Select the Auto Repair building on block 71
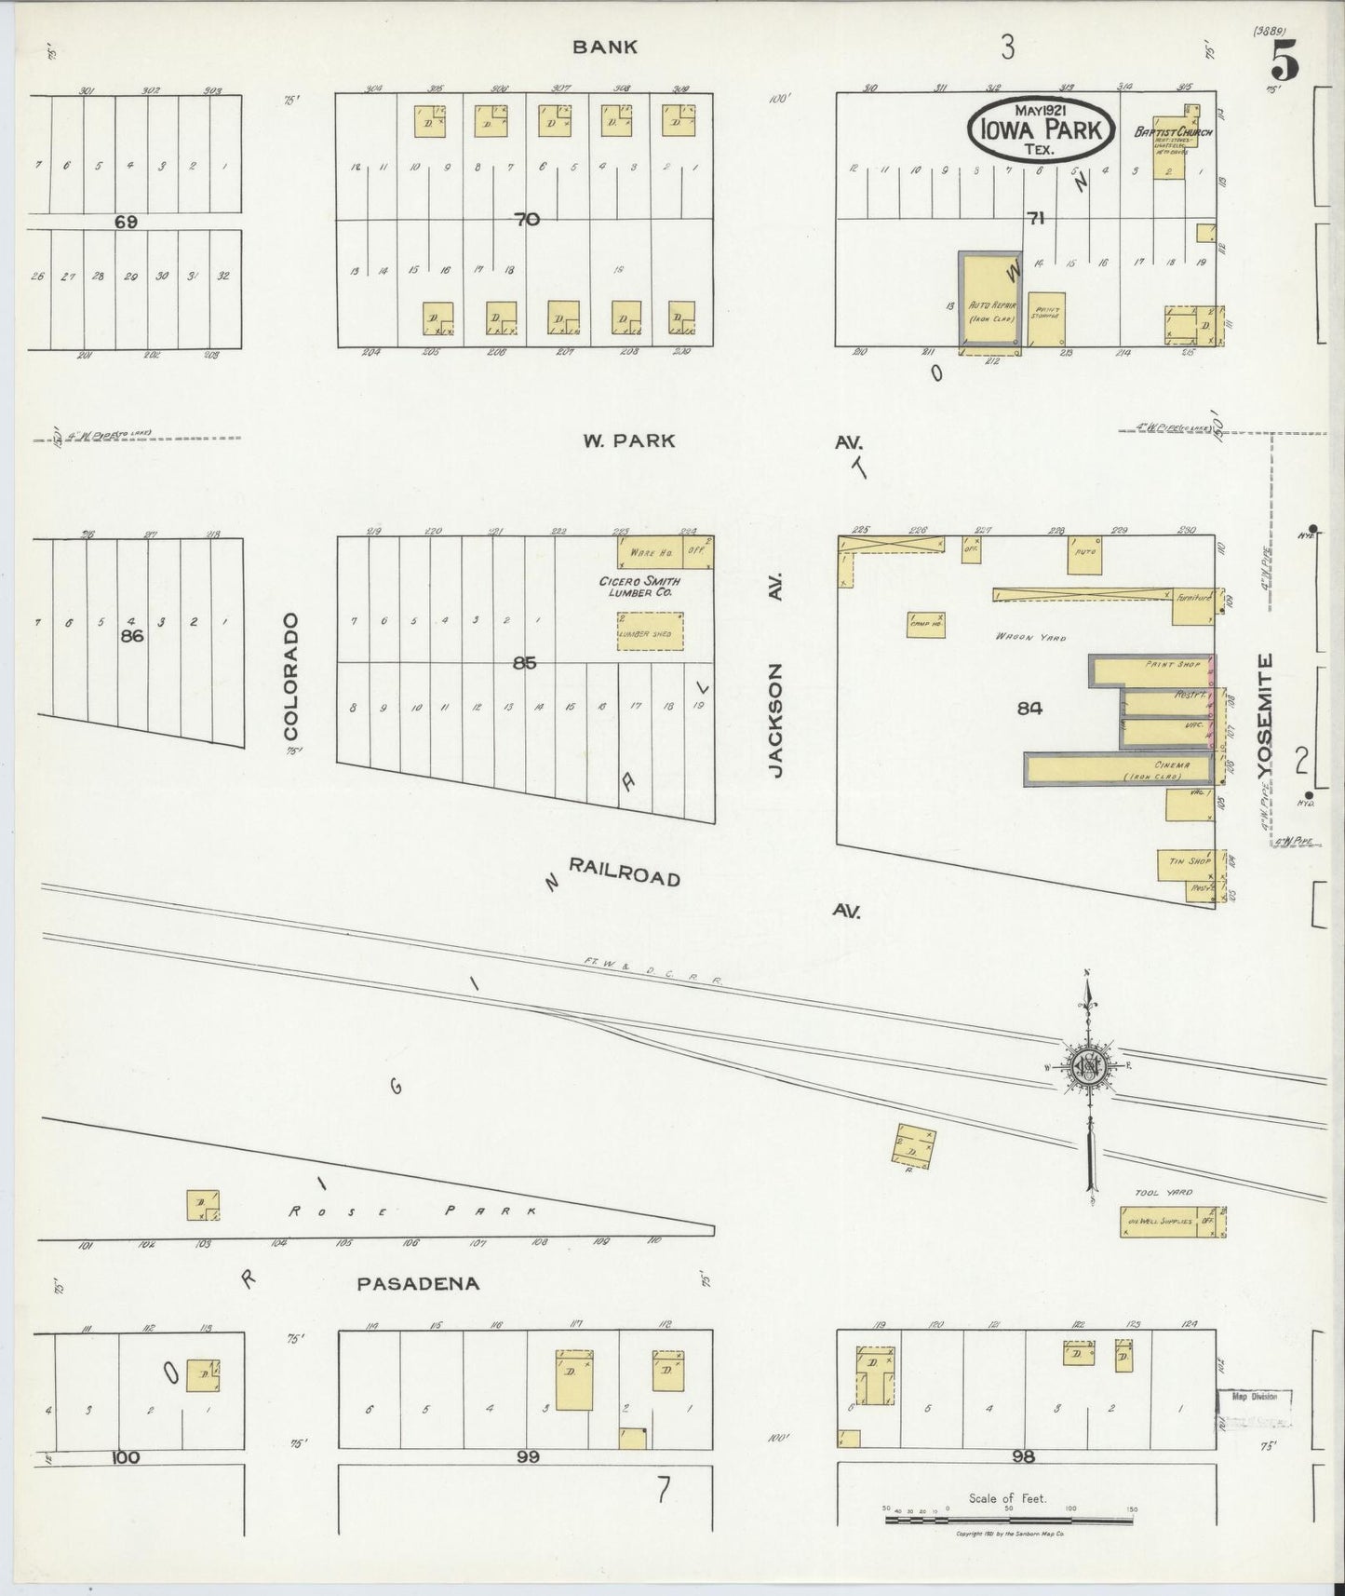990,303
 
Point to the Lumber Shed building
650,631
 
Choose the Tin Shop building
1184,862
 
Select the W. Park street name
628,441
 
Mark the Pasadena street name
419,1283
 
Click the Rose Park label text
411,1211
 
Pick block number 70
527,220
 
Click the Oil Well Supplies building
1172,1222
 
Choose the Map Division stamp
1254,1397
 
